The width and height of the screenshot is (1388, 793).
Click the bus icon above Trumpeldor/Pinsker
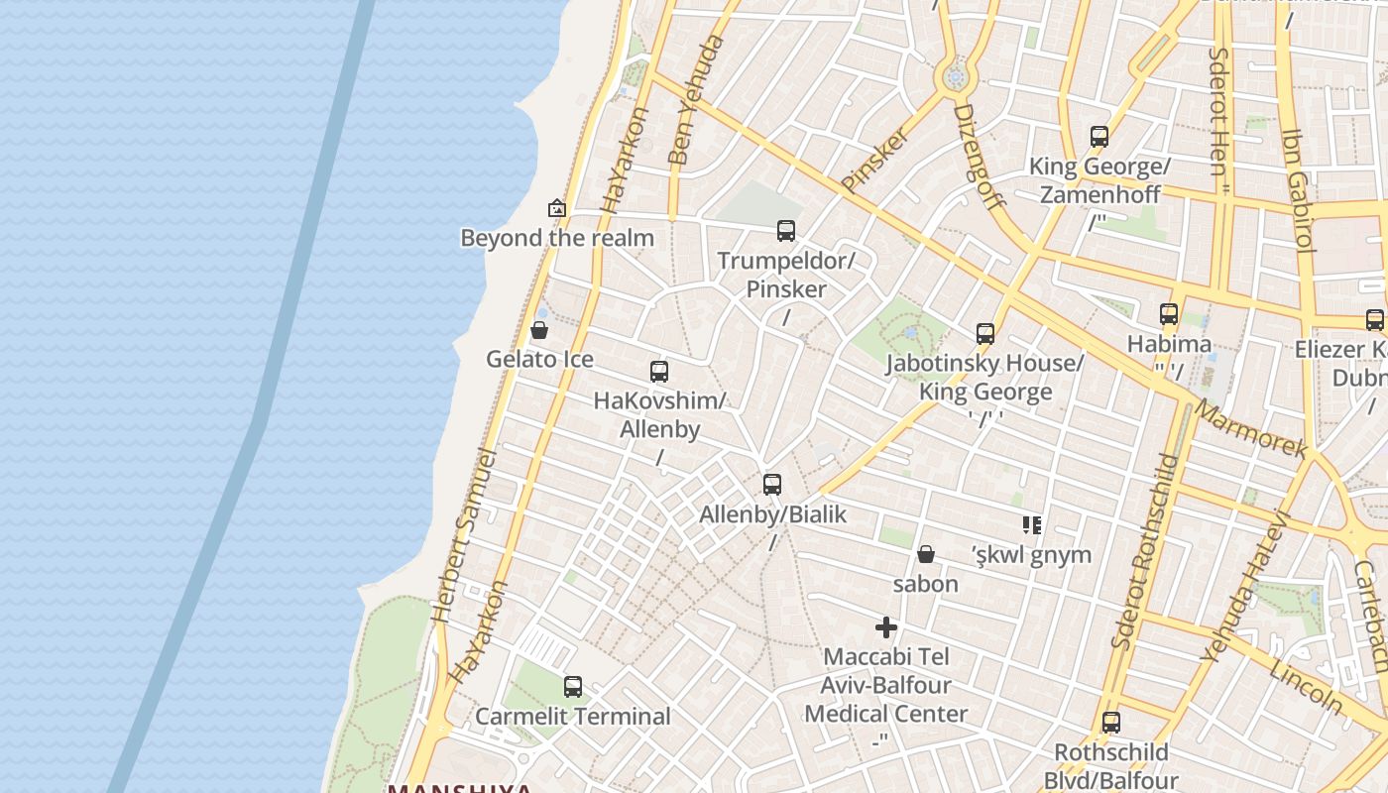[x=786, y=231]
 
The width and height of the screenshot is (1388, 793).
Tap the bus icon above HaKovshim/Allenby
[x=659, y=372]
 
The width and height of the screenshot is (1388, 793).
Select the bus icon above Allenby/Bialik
[x=772, y=485]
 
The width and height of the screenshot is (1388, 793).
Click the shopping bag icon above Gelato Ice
[x=539, y=329]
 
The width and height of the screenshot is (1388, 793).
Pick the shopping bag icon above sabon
[x=925, y=553]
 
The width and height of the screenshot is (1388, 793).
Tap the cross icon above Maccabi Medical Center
[x=886, y=627]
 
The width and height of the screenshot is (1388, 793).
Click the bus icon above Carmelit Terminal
[x=572, y=686]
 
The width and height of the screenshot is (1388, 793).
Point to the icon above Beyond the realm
[x=557, y=208]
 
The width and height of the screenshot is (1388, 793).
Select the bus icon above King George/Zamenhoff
[x=1099, y=137]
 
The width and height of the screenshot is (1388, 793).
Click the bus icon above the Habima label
[x=1169, y=314]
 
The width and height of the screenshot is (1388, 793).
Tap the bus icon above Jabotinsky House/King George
[x=984, y=333]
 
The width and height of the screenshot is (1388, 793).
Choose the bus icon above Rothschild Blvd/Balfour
[x=1111, y=723]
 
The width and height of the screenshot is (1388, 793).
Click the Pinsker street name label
[x=875, y=159]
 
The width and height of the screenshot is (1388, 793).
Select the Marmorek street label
[x=1250, y=428]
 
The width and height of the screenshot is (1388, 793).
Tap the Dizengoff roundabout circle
[x=956, y=76]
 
